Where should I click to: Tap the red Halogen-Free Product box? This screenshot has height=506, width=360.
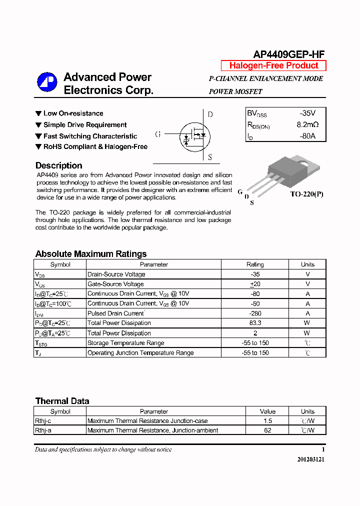[x=273, y=65]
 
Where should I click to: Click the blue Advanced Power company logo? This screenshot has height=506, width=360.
[x=47, y=83]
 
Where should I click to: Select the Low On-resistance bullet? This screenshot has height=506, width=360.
[x=69, y=113]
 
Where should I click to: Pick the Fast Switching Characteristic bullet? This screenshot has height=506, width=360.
[x=86, y=136]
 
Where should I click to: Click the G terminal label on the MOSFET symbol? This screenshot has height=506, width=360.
[x=158, y=134]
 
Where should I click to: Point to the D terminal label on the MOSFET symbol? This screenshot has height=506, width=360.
[x=210, y=114]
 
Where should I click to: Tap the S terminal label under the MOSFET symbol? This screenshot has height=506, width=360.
[x=210, y=157]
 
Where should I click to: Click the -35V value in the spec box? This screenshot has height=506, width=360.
[x=307, y=113]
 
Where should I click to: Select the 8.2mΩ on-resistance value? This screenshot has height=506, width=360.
[x=307, y=124]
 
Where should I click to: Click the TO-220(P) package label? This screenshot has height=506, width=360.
[x=306, y=194]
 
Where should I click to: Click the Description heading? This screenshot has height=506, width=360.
[x=58, y=165]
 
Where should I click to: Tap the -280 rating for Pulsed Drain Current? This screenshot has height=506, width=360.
[x=255, y=313]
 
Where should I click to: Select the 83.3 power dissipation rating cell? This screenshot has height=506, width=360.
[x=255, y=323]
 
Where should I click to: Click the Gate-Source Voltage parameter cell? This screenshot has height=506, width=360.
[x=115, y=284]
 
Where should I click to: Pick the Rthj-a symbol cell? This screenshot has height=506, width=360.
[x=43, y=430]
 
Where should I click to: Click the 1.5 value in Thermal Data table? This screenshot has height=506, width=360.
[x=267, y=421]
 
